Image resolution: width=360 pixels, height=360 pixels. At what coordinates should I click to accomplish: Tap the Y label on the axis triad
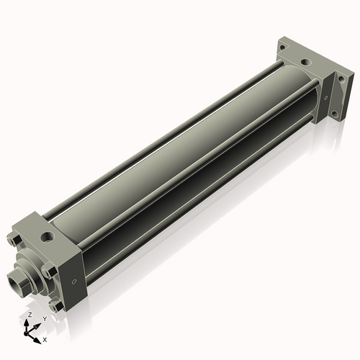point(44,318)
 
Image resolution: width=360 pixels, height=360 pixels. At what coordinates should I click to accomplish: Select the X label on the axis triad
point(45,338)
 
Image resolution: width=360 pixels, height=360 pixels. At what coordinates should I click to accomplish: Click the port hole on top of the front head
point(48,235)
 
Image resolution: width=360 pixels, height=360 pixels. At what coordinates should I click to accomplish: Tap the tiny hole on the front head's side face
point(73,281)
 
